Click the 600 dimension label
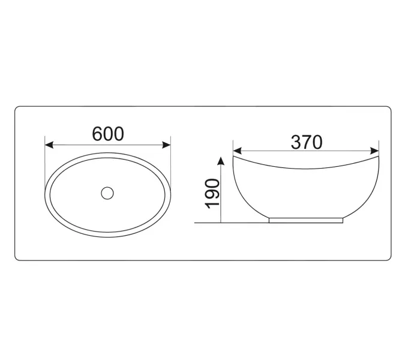[x=108, y=134]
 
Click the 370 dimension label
[x=307, y=142]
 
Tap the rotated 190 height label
[x=212, y=194]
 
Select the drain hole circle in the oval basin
[x=107, y=193]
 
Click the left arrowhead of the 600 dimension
[x=49, y=145]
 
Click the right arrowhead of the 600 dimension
[x=166, y=145]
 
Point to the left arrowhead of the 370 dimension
[x=238, y=151]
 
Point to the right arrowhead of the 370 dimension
[x=374, y=151]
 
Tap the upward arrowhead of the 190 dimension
[x=221, y=161]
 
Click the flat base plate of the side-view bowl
[x=306, y=220]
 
